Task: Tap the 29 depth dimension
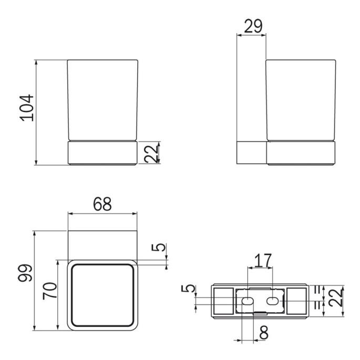(x=253, y=27)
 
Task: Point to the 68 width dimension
(x=103, y=204)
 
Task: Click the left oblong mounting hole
(x=245, y=301)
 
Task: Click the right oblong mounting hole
(x=273, y=301)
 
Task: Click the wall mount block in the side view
(x=252, y=153)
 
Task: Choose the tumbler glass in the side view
(x=301, y=100)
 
